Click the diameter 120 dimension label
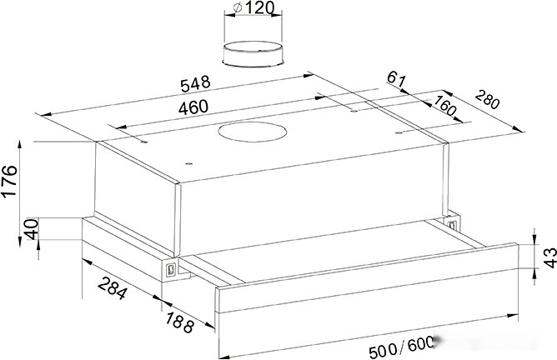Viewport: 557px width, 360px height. point(254,8)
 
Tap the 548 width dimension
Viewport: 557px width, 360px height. point(195,84)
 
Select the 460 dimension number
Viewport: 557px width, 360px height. point(193,107)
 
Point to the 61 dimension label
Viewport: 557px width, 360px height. point(396,79)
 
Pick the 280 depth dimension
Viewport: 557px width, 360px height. point(487,99)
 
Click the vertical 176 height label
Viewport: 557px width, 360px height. point(10,180)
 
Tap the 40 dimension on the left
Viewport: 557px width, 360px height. point(32,229)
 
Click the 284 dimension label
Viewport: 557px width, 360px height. point(113,288)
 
